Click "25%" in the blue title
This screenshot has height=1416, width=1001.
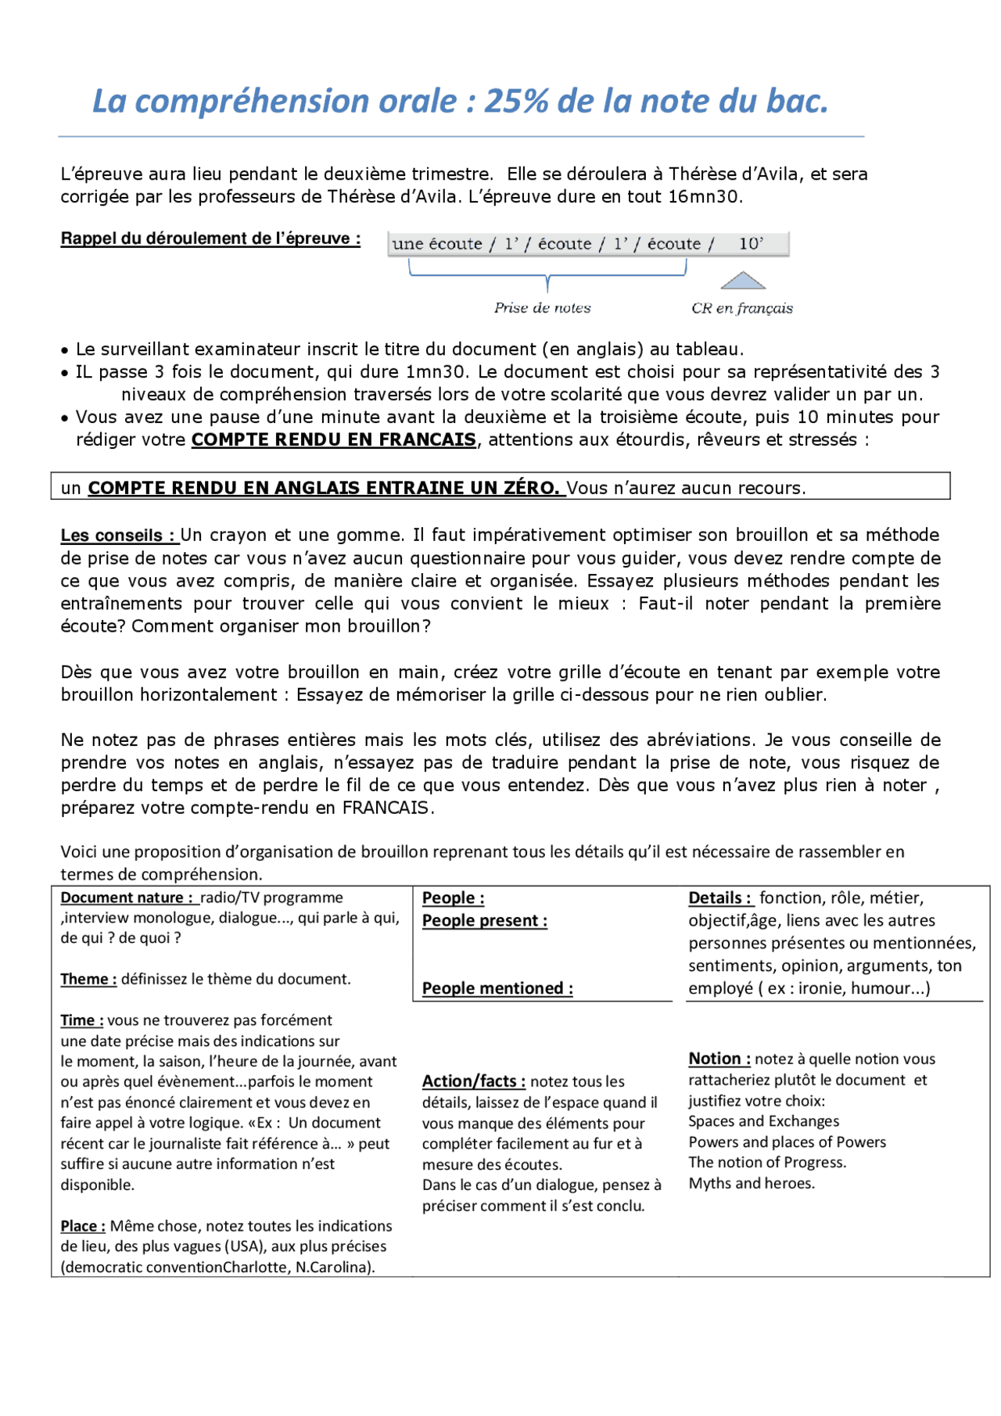coord(516,102)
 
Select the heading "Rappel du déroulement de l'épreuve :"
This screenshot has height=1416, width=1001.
coord(210,238)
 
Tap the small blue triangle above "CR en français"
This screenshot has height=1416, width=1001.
coord(742,281)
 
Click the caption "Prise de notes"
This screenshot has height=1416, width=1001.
coord(542,308)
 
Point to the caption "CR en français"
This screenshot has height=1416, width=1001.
coord(741,308)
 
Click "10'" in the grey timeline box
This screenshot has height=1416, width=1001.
coord(751,244)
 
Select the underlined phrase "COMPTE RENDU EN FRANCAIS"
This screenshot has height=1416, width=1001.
coord(334,440)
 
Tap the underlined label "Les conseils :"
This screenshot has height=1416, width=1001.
coord(120,536)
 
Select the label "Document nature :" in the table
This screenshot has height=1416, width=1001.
coord(127,898)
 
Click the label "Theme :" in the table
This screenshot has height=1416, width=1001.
coord(88,980)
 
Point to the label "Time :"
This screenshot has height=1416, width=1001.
coord(82,1020)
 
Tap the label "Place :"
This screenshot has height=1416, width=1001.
coord(83,1226)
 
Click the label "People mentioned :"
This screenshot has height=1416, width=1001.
coord(497,988)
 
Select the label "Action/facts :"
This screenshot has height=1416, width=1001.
coord(474,1081)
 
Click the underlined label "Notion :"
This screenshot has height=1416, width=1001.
coord(719,1059)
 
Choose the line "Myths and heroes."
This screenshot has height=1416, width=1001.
coord(752,1183)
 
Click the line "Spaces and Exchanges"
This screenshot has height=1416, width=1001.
coord(763,1121)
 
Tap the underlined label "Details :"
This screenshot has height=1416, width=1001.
coord(720,898)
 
